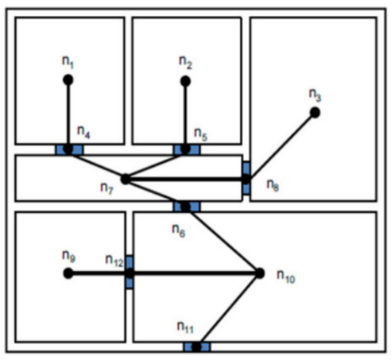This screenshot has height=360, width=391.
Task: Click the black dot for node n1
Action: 68,79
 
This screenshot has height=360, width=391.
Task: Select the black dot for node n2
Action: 185,81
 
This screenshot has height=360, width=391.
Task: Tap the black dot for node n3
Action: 315,113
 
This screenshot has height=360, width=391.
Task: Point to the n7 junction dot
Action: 126,180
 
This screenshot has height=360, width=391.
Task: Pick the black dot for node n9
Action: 68,273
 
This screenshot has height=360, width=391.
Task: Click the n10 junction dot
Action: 260,273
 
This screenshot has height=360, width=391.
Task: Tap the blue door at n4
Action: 69,149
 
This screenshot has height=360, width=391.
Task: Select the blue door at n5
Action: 187,149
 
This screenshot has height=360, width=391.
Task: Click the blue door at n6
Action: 187,207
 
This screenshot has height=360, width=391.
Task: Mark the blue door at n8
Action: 246,178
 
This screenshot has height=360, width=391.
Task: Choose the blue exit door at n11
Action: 197,346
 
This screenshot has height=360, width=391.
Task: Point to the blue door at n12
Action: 130,273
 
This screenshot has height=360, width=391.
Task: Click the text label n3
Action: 316,95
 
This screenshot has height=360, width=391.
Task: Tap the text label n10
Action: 286,277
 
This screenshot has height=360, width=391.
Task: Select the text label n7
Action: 106,188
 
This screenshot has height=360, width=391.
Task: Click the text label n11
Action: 185,327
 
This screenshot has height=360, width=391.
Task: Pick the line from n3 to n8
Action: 281,146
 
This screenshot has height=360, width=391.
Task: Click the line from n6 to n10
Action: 223,240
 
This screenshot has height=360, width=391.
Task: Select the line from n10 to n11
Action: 228,310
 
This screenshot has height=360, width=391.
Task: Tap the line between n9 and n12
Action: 99,273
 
